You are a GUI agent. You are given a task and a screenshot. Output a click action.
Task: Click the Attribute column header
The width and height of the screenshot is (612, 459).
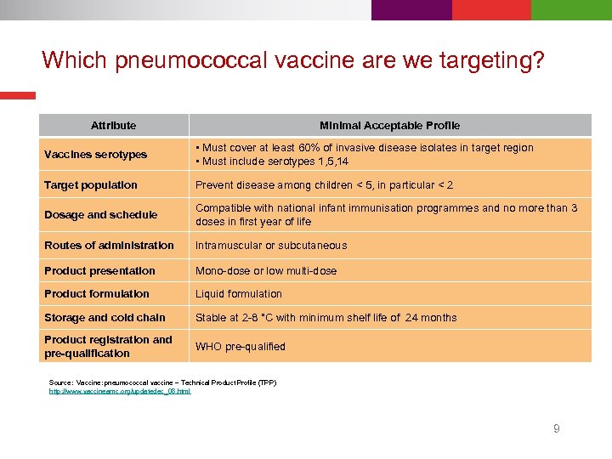click(113, 125)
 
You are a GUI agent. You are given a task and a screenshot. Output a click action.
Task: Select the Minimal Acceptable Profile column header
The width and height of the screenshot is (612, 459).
click(389, 125)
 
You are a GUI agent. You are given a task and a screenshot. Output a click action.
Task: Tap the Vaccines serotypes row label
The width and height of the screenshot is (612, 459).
click(95, 155)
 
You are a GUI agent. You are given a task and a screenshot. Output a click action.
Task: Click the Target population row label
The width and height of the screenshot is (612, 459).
click(90, 185)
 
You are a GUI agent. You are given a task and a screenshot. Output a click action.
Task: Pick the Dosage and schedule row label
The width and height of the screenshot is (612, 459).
click(100, 215)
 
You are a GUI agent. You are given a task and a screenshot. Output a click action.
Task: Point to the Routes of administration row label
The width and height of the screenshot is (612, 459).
click(109, 246)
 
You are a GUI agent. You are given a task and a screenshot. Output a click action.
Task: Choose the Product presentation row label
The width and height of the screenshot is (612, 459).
click(99, 271)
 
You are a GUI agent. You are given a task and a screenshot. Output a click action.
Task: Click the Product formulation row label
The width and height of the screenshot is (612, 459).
click(96, 294)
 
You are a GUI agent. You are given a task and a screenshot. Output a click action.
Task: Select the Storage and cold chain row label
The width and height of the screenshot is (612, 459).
click(105, 318)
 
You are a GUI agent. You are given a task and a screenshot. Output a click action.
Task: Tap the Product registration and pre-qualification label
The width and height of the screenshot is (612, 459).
click(107, 347)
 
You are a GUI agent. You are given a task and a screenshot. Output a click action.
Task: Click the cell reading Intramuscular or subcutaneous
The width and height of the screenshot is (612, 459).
click(271, 246)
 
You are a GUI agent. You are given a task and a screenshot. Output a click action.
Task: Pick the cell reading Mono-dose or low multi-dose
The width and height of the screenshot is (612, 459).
click(265, 271)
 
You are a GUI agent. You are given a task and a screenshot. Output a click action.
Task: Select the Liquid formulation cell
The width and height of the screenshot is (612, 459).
click(238, 294)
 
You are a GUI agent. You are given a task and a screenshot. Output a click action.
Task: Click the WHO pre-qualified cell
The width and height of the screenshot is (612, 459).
click(240, 347)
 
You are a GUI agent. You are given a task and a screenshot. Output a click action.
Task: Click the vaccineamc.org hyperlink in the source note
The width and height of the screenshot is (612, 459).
click(120, 391)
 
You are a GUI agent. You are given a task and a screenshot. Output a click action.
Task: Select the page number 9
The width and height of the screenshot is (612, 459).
click(556, 428)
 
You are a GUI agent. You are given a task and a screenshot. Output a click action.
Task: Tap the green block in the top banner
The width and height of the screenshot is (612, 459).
click(571, 9)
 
